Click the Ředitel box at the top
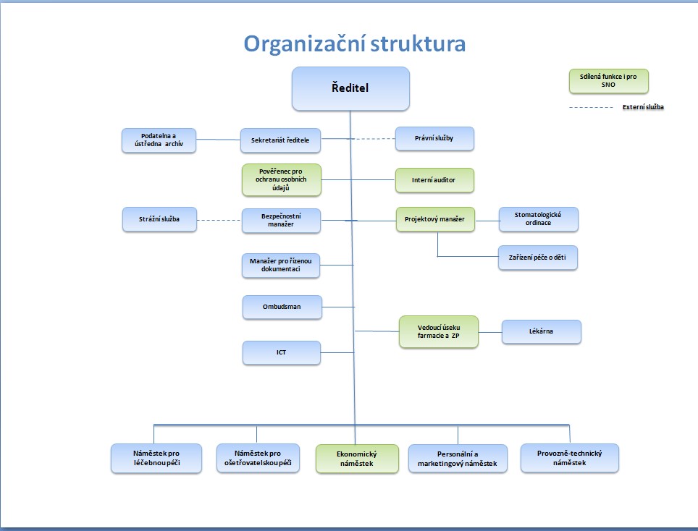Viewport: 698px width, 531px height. tap(350, 88)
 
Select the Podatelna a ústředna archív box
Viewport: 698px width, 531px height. tap(159, 140)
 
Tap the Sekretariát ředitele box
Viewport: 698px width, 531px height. tap(280, 140)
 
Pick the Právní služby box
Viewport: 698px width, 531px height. tap(434, 138)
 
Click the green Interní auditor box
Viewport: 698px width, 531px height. tap(434, 180)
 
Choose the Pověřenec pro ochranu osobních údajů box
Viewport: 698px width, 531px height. tap(282, 179)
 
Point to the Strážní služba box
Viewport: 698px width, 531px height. tap(159, 219)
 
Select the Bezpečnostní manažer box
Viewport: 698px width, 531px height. tap(282, 221)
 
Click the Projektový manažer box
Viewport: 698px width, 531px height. tap(435, 219)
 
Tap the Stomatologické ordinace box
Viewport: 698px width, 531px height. tap(539, 219)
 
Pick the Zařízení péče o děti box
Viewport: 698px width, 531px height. tap(538, 258)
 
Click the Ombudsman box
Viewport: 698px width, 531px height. tap(282, 307)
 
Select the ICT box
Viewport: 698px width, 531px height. tap(282, 352)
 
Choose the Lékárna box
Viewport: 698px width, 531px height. tap(542, 332)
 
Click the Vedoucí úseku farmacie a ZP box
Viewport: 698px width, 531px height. tap(439, 332)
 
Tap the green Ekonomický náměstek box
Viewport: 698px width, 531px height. tap(357, 459)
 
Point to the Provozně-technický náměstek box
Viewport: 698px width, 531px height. tap(570, 458)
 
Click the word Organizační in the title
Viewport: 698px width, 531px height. tap(303, 44)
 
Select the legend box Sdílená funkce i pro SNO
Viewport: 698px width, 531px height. tap(608, 81)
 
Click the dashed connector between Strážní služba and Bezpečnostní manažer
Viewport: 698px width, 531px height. tap(219, 220)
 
